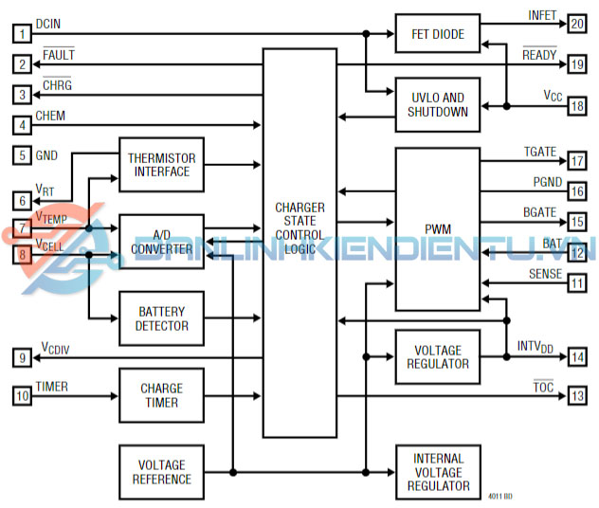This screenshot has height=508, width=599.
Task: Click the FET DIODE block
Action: (437, 35)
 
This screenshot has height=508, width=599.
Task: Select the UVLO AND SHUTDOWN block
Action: (437, 104)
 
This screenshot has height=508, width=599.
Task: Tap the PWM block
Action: (437, 228)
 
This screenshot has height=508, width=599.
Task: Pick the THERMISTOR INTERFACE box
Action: (161, 164)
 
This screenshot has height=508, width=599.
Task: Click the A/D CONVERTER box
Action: (161, 242)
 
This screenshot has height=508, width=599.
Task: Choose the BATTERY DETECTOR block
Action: (161, 318)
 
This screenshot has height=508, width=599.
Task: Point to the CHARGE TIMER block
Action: (161, 395)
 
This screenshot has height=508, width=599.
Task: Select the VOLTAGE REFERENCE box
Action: (161, 472)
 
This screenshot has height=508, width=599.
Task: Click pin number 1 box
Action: (21, 35)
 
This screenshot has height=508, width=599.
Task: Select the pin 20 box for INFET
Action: (577, 25)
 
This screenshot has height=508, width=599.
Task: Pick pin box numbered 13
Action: (577, 395)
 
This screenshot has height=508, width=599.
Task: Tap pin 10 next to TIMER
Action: (21, 395)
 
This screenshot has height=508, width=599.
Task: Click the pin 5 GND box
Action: (21, 155)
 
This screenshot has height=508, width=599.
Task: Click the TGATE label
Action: (541, 152)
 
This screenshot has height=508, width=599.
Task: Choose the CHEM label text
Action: (50, 116)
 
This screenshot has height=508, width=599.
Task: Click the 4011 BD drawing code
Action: (500, 496)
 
